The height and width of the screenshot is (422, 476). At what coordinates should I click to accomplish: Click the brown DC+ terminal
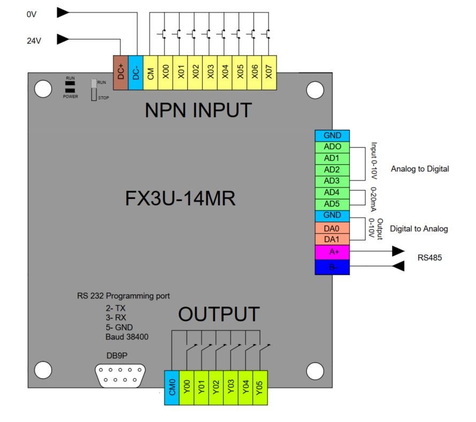click(x=121, y=72)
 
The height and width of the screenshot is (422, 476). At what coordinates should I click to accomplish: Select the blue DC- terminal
click(x=136, y=72)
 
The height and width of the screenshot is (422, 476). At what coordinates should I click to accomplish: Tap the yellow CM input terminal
click(x=151, y=72)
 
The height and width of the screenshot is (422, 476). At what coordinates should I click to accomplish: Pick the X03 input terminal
click(x=211, y=72)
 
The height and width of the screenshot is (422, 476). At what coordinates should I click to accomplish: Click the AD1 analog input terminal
click(x=333, y=158)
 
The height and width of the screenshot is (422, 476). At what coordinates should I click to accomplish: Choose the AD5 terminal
click(x=333, y=204)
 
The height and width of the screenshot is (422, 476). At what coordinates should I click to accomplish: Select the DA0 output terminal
click(x=333, y=228)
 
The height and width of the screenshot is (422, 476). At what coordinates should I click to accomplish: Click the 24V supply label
click(x=34, y=40)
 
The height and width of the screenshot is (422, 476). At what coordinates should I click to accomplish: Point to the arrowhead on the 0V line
click(x=63, y=11)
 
